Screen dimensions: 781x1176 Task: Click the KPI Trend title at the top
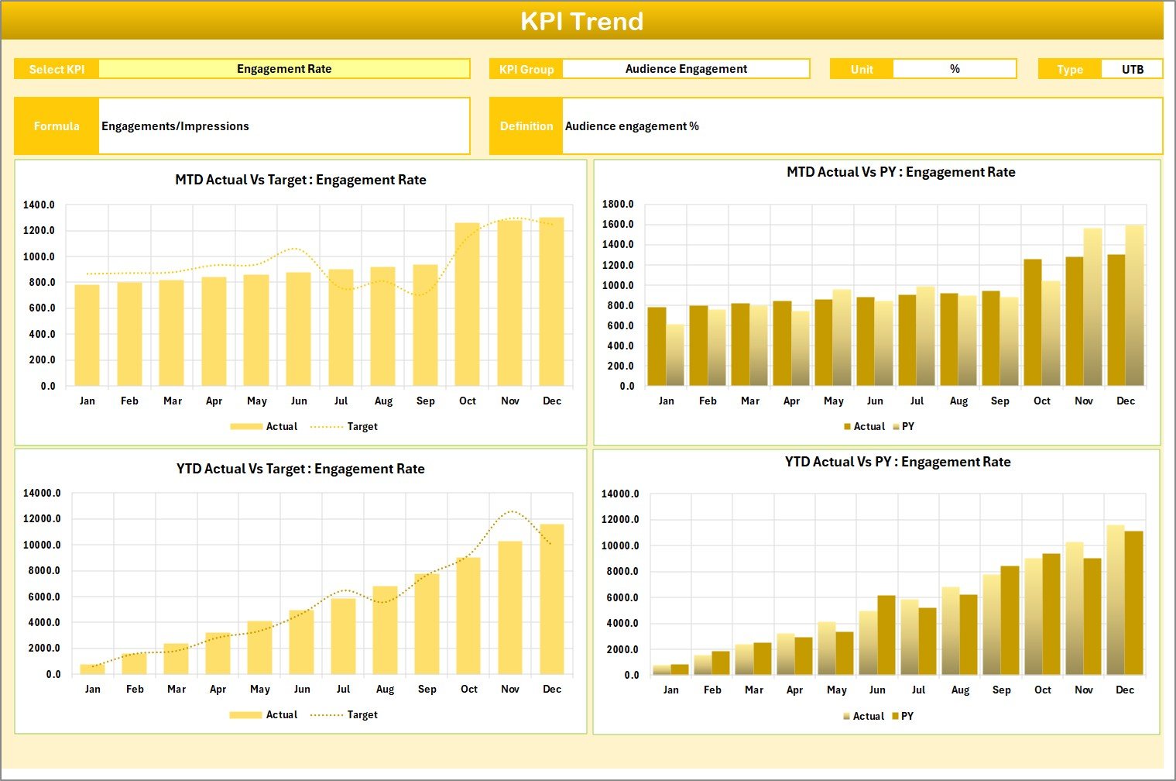coord(581,21)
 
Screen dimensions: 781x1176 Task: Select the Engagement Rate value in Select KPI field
coord(284,69)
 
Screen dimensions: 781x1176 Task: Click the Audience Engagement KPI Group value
coord(686,69)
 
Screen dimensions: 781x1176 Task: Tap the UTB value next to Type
coord(1132,70)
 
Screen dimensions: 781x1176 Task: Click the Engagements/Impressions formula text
coord(176,126)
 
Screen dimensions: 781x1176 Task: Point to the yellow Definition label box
coord(526,126)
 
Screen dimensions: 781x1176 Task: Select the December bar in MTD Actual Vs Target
coord(551,302)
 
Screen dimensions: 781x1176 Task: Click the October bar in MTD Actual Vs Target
coord(467,304)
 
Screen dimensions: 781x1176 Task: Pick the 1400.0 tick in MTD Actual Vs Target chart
coord(39,205)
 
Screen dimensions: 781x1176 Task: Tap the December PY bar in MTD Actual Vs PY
coord(1134,305)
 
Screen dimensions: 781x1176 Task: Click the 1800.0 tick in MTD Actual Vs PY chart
coord(618,205)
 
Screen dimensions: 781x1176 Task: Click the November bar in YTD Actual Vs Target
coord(509,608)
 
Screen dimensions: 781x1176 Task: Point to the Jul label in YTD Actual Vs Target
coord(343,690)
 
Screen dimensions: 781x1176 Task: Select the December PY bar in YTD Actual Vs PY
coord(1133,603)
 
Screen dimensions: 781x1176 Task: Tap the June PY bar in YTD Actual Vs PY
coord(886,635)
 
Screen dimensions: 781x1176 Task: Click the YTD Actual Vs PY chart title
coord(897,463)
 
